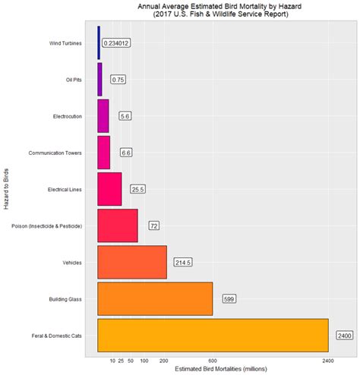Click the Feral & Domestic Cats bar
[x=213, y=335]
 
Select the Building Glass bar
[x=155, y=298]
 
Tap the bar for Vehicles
[x=132, y=262]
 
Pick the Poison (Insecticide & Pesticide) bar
[x=118, y=225]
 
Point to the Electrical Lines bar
[x=109, y=189]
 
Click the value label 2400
[x=344, y=335]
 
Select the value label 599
[x=229, y=298]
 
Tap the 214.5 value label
[x=183, y=262]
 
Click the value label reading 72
[x=153, y=225]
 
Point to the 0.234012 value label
[x=116, y=43]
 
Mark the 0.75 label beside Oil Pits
[x=118, y=80]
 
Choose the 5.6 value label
[x=125, y=116]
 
